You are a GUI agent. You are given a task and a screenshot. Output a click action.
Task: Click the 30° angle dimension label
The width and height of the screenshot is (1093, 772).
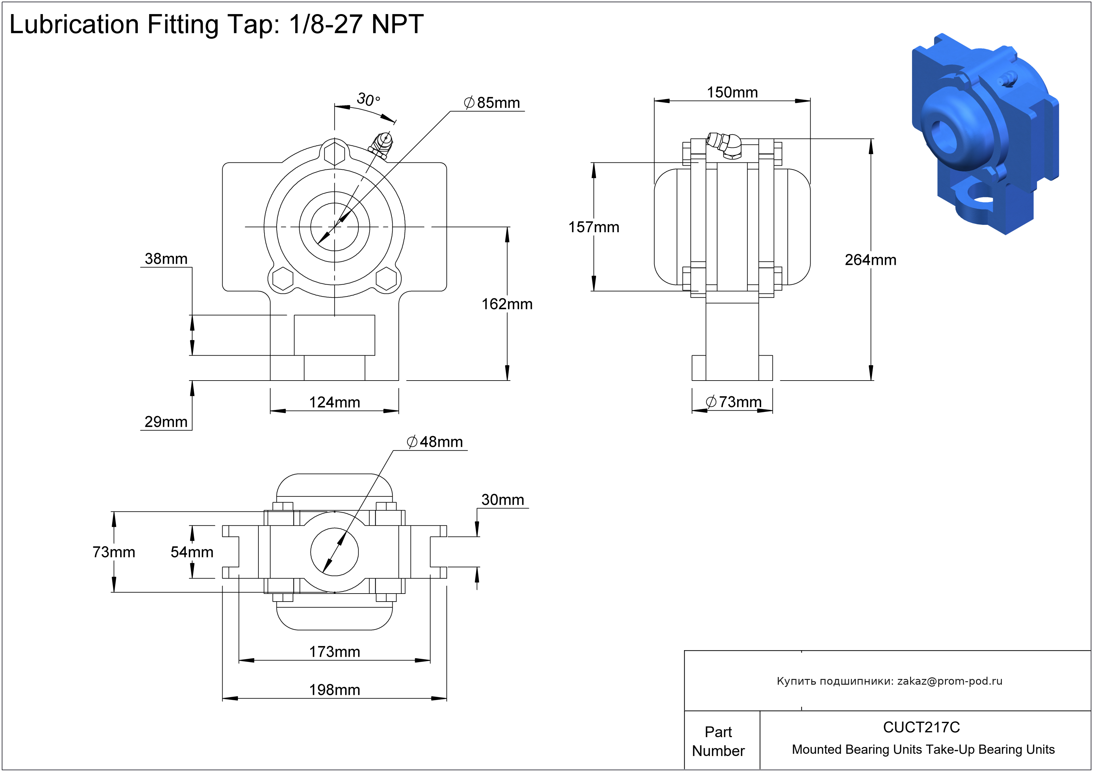(368, 99)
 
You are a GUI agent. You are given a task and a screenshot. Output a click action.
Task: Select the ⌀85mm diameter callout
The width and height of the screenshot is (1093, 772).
(492, 103)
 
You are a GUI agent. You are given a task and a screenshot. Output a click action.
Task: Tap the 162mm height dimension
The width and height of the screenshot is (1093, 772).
(507, 304)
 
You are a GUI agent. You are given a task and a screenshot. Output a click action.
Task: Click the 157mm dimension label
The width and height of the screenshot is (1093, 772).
(593, 227)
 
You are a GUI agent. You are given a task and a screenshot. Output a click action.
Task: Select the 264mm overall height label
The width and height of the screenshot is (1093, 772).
(870, 260)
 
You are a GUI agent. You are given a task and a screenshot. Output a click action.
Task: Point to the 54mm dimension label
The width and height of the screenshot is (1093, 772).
(192, 552)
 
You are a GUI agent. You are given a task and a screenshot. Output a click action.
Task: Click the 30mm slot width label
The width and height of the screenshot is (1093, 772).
(502, 500)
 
